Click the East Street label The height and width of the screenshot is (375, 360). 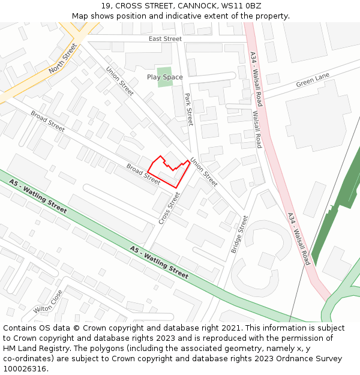click(x=165, y=39)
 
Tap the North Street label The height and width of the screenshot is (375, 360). click(x=63, y=58)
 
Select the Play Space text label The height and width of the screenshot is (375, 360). click(x=165, y=77)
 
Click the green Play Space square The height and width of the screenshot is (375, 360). click(x=164, y=77)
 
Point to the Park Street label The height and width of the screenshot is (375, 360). click(x=188, y=109)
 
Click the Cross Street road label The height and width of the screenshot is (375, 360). click(x=169, y=208)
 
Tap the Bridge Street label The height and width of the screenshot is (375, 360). click(x=239, y=234)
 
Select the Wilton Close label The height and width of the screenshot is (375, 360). click(x=48, y=302)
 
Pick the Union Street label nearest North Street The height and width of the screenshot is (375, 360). click(x=119, y=82)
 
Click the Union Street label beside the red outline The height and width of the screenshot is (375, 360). click(x=204, y=172)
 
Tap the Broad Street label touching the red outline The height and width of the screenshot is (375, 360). click(x=143, y=171)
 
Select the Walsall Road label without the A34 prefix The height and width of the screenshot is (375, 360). click(x=257, y=130)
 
